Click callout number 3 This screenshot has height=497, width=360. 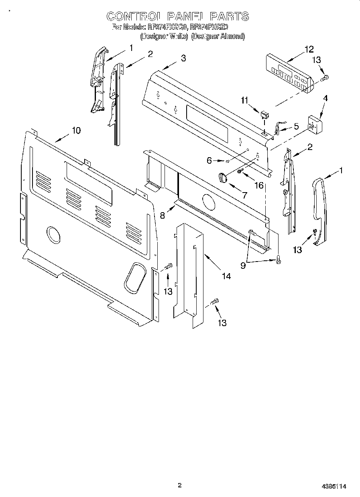pos(183,58)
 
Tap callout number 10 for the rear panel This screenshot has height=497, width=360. pos(76,130)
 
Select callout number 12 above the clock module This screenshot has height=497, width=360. pos(309,49)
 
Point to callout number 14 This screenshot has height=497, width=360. pos(226,276)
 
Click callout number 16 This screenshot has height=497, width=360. pos(259,185)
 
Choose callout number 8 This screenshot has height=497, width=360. pos(163,215)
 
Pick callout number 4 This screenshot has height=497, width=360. pos(325,98)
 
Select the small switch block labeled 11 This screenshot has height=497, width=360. pos(263,115)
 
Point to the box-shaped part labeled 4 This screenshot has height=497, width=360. pos(316,125)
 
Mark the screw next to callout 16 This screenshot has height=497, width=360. pos(239,171)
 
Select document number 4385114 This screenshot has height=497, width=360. pos(334,486)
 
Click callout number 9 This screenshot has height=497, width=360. pos(243,265)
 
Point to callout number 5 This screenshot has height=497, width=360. pos(296,126)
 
